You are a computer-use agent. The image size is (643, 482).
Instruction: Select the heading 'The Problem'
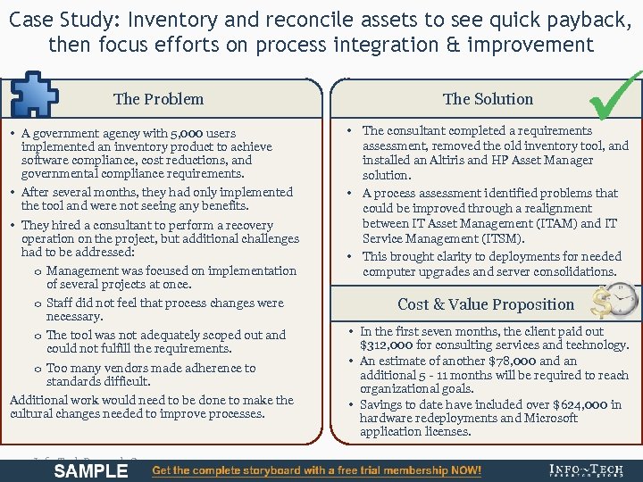[x=158, y=99]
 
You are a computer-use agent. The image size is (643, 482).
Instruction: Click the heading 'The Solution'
[x=488, y=99]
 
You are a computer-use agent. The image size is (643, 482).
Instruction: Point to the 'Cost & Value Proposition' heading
[x=486, y=304]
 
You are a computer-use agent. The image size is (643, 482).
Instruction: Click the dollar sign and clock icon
[x=617, y=302]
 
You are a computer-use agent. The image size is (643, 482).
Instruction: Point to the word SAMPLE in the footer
[x=90, y=470]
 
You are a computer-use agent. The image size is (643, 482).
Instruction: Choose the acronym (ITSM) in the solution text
[x=500, y=238]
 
